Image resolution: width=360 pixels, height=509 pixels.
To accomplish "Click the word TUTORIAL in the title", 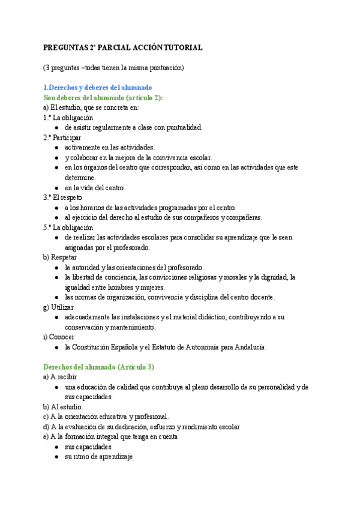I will pos(182,47).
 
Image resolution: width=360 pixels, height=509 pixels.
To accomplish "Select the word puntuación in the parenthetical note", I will pos(166,67).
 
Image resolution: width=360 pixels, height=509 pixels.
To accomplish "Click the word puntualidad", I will pos(186,127).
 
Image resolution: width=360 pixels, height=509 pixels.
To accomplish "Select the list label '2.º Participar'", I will pos(62,137).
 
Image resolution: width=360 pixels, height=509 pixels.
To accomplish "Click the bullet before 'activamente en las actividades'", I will pos(56,148).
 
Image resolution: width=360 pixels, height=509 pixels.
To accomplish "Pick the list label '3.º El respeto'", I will pos(62,197).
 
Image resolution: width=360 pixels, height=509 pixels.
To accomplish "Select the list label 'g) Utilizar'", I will pos(58,307).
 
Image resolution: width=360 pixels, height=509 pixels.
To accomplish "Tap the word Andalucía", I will pos(247,348).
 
